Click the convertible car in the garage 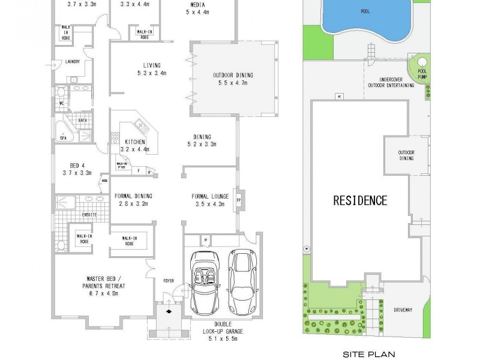[x=205, y=282]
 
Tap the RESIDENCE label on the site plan [x=360, y=200]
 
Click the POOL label [x=365, y=11]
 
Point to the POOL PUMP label [x=422, y=73]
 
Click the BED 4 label [x=76, y=165]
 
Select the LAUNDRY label [x=76, y=61]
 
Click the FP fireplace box [x=238, y=200]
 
